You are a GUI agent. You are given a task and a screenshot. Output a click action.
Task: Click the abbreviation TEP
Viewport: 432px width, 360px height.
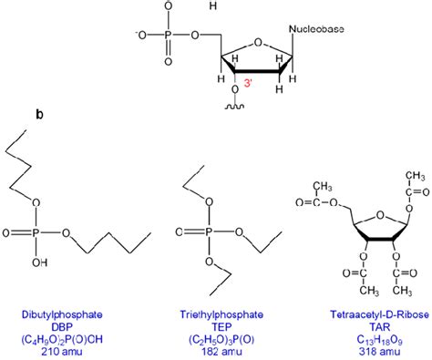pyautogui.click(x=217, y=324)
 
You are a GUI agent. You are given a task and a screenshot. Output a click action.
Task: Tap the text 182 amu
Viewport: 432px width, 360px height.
pyautogui.click(x=217, y=350)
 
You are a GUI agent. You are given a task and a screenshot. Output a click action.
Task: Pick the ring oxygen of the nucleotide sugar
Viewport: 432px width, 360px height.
pyautogui.click(x=256, y=39)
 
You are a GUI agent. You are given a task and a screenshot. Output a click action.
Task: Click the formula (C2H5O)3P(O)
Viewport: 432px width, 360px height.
pyautogui.click(x=217, y=337)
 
